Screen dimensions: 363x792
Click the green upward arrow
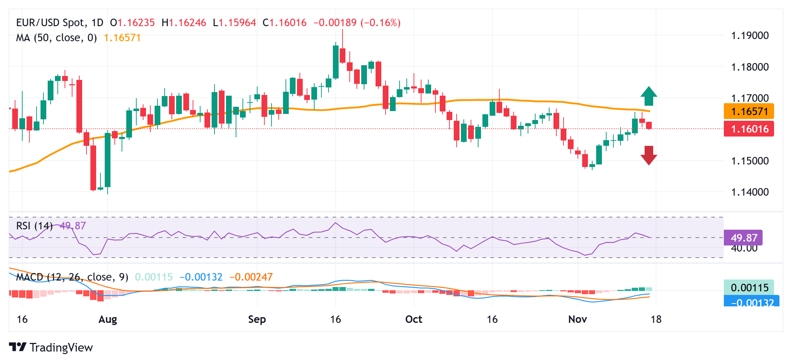[x=649, y=96]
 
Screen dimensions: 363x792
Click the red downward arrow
[x=649, y=155]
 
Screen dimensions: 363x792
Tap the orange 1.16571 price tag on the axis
[x=749, y=111]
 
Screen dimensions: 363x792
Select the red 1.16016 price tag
[x=749, y=129]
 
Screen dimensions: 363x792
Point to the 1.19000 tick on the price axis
[x=750, y=35]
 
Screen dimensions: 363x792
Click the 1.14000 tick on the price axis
[x=750, y=192]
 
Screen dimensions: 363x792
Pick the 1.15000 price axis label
[x=750, y=161]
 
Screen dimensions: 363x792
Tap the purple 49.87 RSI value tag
[x=743, y=238]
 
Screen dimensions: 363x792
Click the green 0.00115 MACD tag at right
[x=749, y=287]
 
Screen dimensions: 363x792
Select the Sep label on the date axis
[x=257, y=319]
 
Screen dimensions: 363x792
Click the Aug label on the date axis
[x=108, y=319]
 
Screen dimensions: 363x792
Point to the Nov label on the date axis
[x=577, y=319]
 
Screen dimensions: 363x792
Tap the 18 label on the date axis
[x=656, y=319]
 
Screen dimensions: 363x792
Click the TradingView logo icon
[x=18, y=347]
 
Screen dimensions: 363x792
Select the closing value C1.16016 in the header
[x=284, y=23]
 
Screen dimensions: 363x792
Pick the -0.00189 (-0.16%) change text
[x=357, y=23]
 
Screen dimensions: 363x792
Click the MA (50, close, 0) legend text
[x=56, y=38]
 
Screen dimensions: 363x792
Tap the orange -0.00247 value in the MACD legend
[x=251, y=277]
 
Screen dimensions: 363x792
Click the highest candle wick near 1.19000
[x=343, y=36]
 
